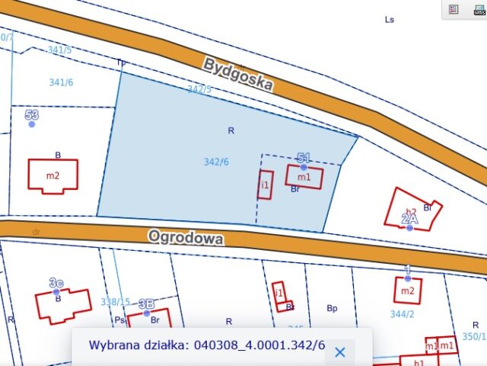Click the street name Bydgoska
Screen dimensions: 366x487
(x=237, y=74)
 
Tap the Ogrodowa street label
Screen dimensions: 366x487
(x=186, y=237)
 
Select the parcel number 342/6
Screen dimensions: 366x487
(x=216, y=162)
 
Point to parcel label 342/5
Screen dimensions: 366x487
(x=199, y=89)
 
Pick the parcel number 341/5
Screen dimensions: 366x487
(x=59, y=50)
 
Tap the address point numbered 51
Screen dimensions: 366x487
(x=304, y=165)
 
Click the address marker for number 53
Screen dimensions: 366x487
(x=32, y=123)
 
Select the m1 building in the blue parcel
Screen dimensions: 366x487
(x=304, y=177)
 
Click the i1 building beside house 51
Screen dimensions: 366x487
(x=265, y=185)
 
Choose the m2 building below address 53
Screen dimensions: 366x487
(x=53, y=175)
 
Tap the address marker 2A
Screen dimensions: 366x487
(x=409, y=226)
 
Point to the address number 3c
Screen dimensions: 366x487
(x=56, y=291)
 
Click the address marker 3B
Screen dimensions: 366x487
(x=146, y=313)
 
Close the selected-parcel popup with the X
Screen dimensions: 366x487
(x=340, y=352)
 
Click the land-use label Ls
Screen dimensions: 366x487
(x=390, y=20)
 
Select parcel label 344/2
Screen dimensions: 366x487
(x=401, y=313)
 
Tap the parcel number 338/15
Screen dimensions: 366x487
(x=115, y=302)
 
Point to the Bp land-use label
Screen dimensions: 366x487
(x=332, y=308)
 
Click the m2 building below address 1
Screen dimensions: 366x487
(x=408, y=290)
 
